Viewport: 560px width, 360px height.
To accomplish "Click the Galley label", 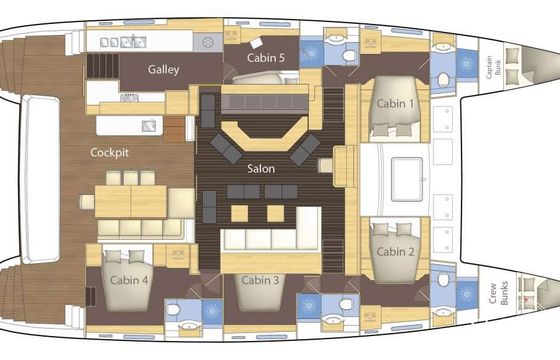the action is click(164, 69).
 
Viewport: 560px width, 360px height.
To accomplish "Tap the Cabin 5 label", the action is click(266, 58).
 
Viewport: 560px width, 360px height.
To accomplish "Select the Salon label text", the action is click(261, 169).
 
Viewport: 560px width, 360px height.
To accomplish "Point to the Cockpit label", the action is click(109, 152).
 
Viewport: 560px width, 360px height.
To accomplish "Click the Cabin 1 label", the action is click(395, 104).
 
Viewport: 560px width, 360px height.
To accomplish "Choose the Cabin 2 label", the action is click(395, 252).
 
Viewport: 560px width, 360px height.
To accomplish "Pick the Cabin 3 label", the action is click(260, 280).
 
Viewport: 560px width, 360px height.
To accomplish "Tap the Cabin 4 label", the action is click(129, 280).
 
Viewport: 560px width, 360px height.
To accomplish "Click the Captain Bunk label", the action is click(494, 67).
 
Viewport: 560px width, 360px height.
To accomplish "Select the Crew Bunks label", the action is click(499, 293).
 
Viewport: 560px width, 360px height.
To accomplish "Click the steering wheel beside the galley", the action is click(208, 42).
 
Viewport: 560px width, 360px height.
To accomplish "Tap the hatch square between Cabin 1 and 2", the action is click(407, 179).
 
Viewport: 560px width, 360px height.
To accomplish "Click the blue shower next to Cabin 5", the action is click(311, 53).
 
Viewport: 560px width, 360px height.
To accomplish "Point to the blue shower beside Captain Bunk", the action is click(466, 64).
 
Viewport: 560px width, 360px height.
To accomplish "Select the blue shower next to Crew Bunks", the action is click(466, 295).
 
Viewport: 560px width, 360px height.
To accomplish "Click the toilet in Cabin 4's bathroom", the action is click(173, 309).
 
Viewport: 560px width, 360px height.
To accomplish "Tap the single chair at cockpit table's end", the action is click(86, 201).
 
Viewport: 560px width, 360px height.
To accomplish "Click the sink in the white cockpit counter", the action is click(149, 126).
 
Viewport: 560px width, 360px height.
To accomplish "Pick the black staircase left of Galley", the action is click(103, 66).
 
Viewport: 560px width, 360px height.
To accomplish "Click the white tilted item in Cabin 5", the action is click(256, 43).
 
